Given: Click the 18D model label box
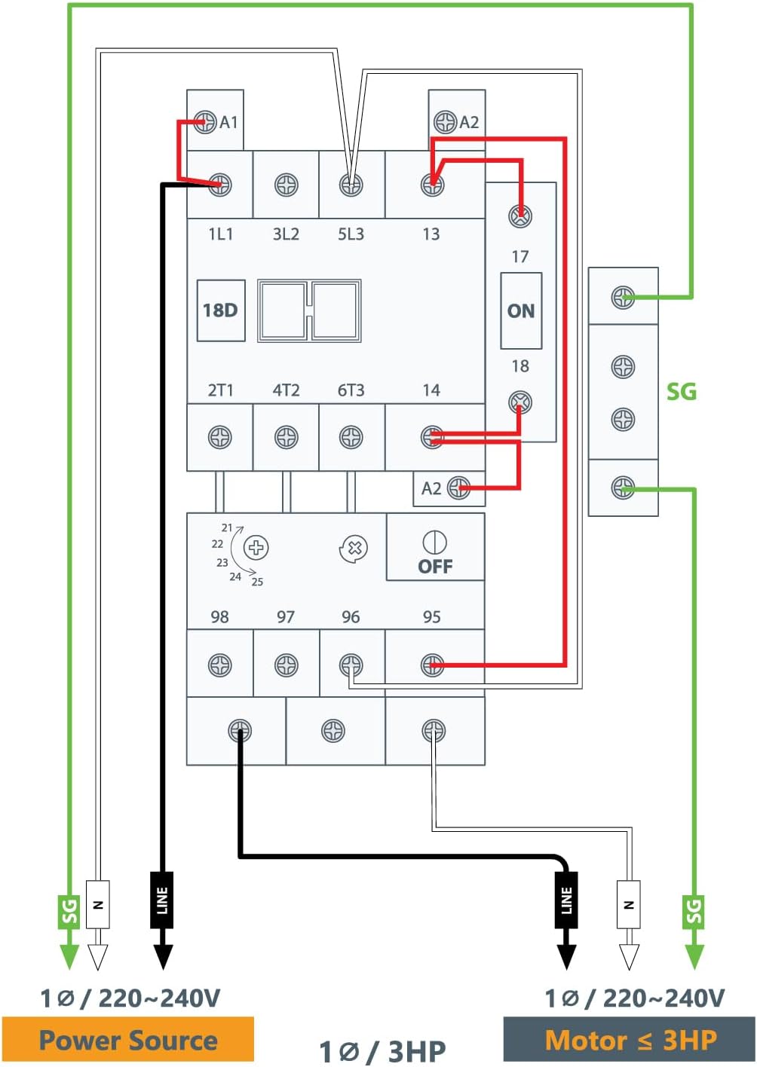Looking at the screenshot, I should [x=220, y=310].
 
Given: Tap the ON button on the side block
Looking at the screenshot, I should [x=521, y=310].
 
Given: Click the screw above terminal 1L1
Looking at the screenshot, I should [x=220, y=184].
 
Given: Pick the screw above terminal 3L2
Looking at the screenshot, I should [x=286, y=184].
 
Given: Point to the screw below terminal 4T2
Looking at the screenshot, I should [x=286, y=437].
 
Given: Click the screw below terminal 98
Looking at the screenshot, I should [x=219, y=665].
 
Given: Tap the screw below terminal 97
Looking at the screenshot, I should [x=286, y=665].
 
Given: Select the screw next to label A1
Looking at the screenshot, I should [x=205, y=121].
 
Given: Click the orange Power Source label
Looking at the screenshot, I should [x=127, y=1041].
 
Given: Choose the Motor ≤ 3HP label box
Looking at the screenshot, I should [x=630, y=1041].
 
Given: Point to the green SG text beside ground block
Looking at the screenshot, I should [x=681, y=391].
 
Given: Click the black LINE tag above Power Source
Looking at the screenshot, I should [x=162, y=899].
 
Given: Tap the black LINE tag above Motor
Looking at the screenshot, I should [x=566, y=899].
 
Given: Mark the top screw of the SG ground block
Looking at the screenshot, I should [x=623, y=297].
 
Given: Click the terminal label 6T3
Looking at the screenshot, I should [x=351, y=390].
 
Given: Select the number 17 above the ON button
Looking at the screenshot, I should [x=520, y=256].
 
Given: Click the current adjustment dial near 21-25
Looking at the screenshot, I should [x=256, y=547].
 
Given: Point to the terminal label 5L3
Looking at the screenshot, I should [x=351, y=234].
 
